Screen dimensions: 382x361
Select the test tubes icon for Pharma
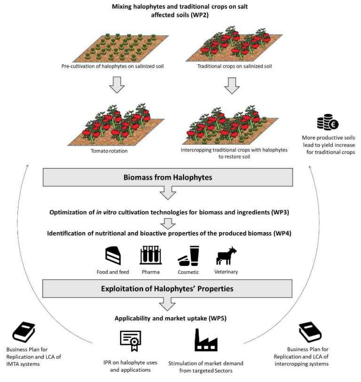[151, 255]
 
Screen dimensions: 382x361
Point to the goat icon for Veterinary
[226, 256]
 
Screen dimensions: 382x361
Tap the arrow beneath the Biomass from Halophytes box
[168, 193]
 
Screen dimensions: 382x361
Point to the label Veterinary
[227, 272]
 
